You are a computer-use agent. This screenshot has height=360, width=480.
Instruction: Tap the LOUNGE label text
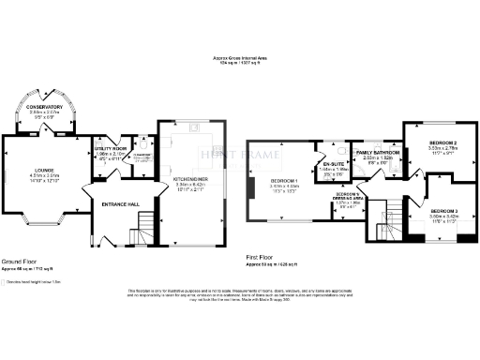(37, 170)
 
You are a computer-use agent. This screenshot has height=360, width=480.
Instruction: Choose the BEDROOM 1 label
(283, 180)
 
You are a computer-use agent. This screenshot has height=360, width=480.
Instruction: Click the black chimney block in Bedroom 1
(251, 188)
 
